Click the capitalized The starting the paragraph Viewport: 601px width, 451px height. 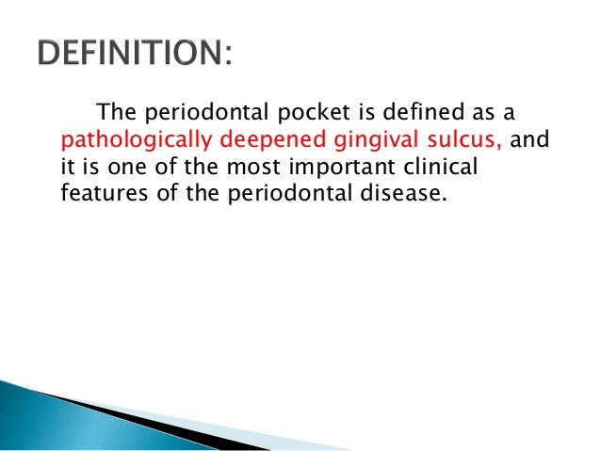[118, 114]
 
